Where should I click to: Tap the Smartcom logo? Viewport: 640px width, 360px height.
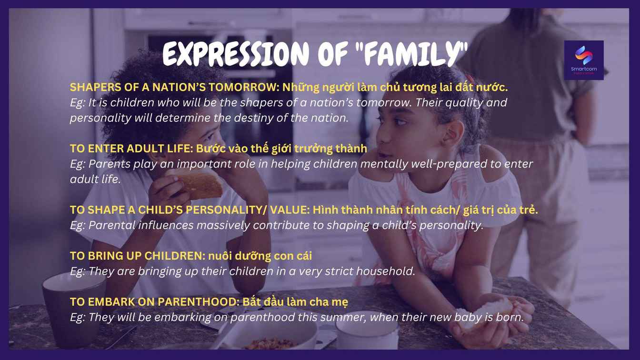click(x=584, y=60)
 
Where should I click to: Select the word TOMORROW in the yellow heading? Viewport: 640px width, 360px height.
click(x=244, y=88)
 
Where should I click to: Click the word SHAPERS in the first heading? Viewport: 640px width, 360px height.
click(x=95, y=88)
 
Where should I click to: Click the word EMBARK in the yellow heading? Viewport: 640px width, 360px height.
click(x=111, y=302)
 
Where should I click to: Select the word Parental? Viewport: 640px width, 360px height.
click(x=112, y=225)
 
